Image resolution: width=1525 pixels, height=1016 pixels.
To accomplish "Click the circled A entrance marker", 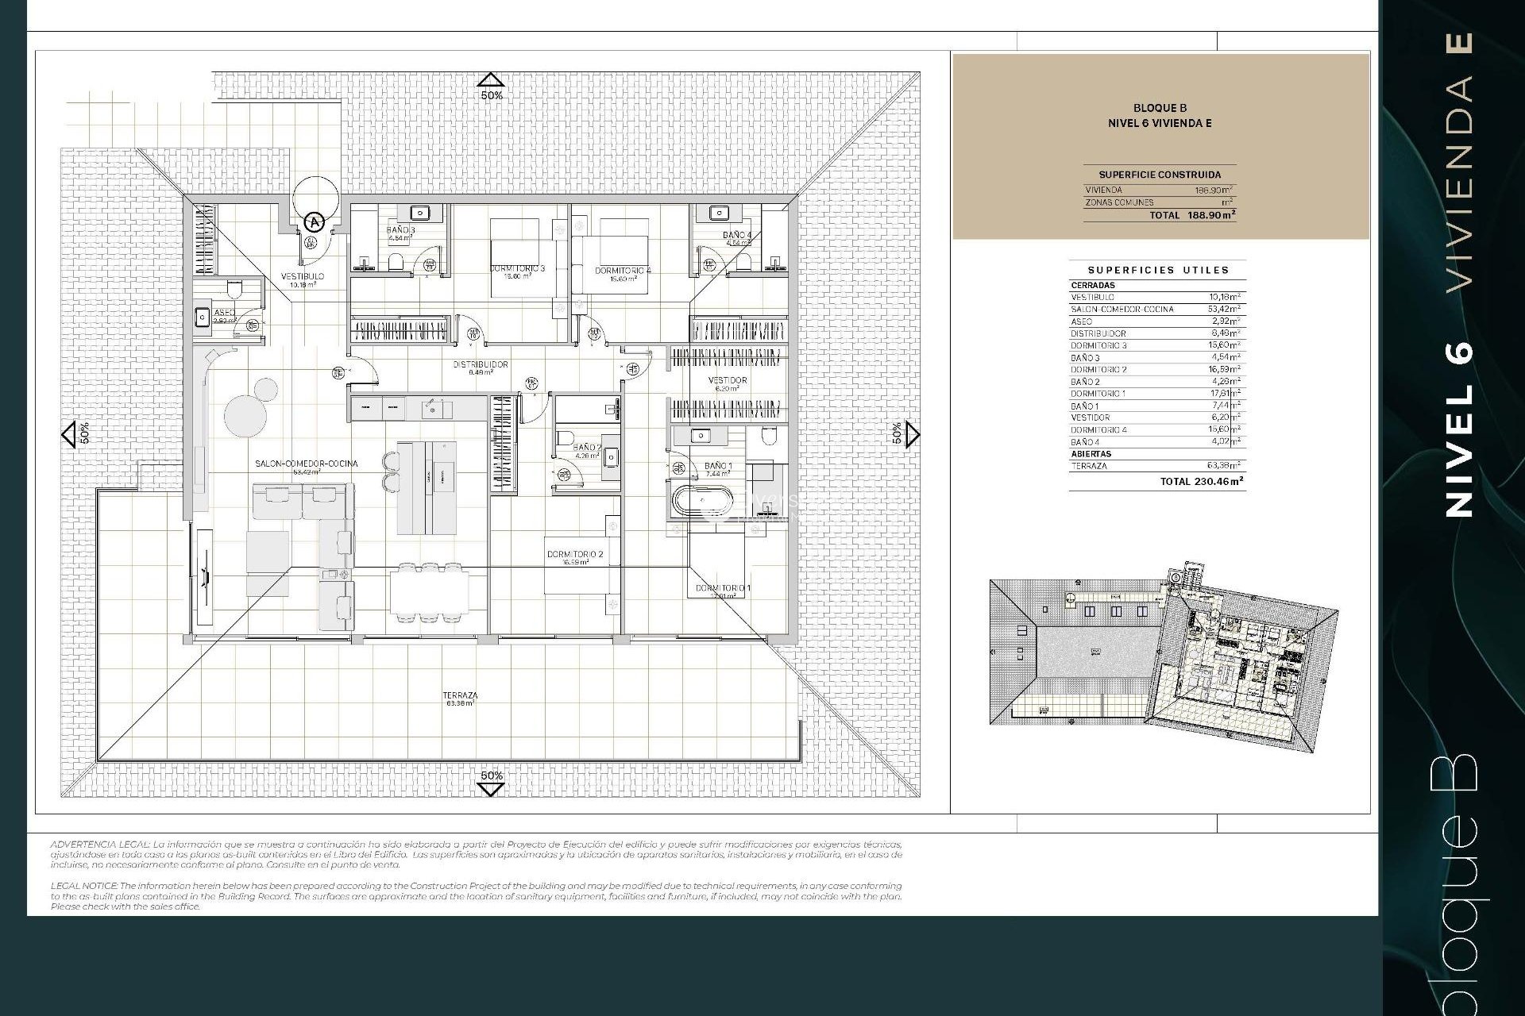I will pyautogui.click(x=315, y=221).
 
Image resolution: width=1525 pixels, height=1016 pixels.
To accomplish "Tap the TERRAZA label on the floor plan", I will pyautogui.click(x=461, y=695).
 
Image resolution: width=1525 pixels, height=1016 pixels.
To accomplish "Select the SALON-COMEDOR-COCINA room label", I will pyautogui.click(x=307, y=464).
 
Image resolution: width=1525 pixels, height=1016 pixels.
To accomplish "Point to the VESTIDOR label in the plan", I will pyautogui.click(x=728, y=380).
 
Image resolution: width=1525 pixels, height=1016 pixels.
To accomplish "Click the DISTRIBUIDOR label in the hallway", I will pyautogui.click(x=481, y=364).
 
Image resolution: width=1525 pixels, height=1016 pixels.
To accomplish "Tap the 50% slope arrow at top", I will pyautogui.click(x=491, y=80).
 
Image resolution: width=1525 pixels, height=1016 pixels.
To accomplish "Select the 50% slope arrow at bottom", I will pyautogui.click(x=491, y=788).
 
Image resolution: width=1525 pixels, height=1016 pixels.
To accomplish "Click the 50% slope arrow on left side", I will pyautogui.click(x=70, y=433).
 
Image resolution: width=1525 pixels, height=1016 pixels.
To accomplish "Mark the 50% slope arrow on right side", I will pyautogui.click(x=912, y=433).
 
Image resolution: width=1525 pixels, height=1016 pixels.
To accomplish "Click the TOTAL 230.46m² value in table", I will pyautogui.click(x=1201, y=481).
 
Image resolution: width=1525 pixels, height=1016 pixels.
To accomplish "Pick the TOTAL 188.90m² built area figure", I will pyautogui.click(x=1191, y=215).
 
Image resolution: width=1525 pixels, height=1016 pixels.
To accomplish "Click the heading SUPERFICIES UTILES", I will pyautogui.click(x=1158, y=270).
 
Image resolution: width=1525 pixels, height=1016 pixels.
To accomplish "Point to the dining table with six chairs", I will pyautogui.click(x=428, y=592).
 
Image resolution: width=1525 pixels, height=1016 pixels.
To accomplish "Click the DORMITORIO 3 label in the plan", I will pyautogui.click(x=518, y=268).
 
